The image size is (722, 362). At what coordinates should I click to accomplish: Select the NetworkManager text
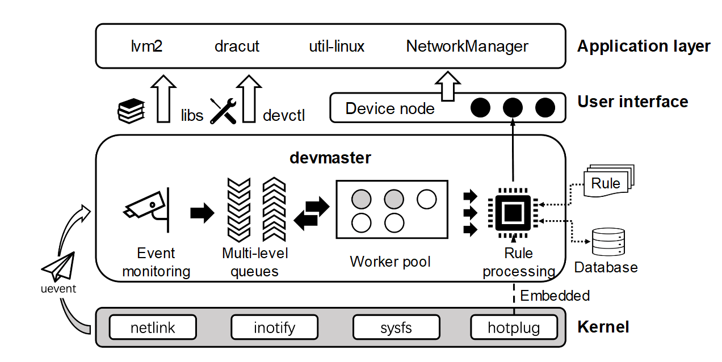pyautogui.click(x=467, y=46)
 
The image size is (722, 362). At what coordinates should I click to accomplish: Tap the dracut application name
pyautogui.click(x=237, y=46)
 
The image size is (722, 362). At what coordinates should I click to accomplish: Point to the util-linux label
pyautogui.click(x=337, y=46)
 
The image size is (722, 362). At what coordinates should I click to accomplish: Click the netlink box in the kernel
pyautogui.click(x=153, y=327)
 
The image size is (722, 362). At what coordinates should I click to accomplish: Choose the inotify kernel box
pyautogui.click(x=275, y=327)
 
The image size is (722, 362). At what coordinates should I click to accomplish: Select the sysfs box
pyautogui.click(x=396, y=327)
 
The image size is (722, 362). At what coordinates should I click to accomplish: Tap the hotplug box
pyautogui.click(x=514, y=327)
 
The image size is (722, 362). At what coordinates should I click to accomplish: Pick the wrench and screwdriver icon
pyautogui.click(x=223, y=111)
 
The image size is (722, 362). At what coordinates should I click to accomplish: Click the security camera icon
pyautogui.click(x=146, y=208)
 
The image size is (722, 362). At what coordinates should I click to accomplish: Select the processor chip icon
pyautogui.click(x=513, y=213)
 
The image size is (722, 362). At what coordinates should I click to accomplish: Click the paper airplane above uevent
pyautogui.click(x=58, y=267)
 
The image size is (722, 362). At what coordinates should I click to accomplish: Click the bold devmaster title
pyautogui.click(x=330, y=157)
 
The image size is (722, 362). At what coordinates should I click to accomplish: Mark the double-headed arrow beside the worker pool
pyautogui.click(x=312, y=213)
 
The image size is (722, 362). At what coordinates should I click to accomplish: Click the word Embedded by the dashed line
pyautogui.click(x=555, y=296)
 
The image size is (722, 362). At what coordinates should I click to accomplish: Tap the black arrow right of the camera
pyautogui.click(x=202, y=213)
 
